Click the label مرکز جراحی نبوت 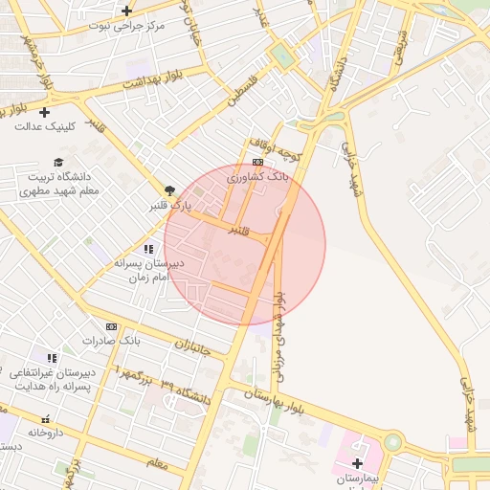pyautogui.click(x=126, y=26)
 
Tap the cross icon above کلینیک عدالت pyautogui.click(x=44, y=113)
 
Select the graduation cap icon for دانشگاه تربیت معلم pyautogui.click(x=58, y=163)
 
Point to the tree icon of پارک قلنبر pyautogui.click(x=170, y=190)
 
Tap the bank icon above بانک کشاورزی pyautogui.click(x=257, y=163)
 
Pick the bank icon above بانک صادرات pyautogui.click(x=111, y=326)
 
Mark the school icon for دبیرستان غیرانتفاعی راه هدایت pyautogui.click(x=53, y=358)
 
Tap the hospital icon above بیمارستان pyautogui.click(x=357, y=463)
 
